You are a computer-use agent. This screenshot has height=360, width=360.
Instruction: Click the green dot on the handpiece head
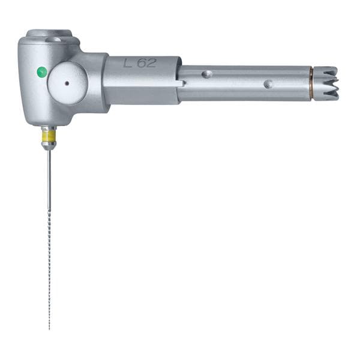click(41, 72)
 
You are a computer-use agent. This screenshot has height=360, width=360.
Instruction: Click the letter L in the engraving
click(128, 62)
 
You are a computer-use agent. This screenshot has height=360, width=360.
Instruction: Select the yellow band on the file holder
click(49, 136)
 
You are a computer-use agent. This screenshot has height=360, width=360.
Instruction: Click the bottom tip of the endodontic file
click(49, 329)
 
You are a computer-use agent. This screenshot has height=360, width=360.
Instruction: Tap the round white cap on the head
click(67, 83)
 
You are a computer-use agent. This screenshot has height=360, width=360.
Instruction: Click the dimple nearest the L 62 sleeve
click(207, 74)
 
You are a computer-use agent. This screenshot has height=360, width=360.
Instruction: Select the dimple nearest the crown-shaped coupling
click(268, 84)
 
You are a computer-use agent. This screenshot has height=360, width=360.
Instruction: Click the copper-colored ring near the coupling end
click(311, 83)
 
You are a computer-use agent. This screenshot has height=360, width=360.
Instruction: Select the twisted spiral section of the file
click(49, 270)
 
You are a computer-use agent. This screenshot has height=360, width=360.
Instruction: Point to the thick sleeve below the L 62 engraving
click(142, 90)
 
